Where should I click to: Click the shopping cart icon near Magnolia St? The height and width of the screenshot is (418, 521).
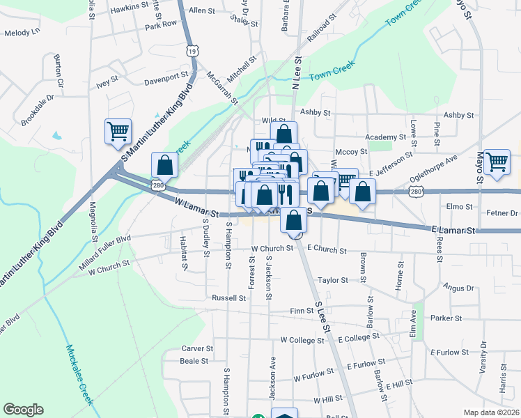click(118, 131)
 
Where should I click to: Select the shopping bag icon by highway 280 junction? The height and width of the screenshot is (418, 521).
click(165, 165)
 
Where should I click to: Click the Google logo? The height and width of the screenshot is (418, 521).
click(23, 410)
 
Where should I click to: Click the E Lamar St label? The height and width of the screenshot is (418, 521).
click(453, 229)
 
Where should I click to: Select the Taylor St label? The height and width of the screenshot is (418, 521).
click(332, 280)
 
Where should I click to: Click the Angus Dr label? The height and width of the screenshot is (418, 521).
click(458, 288)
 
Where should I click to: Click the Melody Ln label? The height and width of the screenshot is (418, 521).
click(22, 33)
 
